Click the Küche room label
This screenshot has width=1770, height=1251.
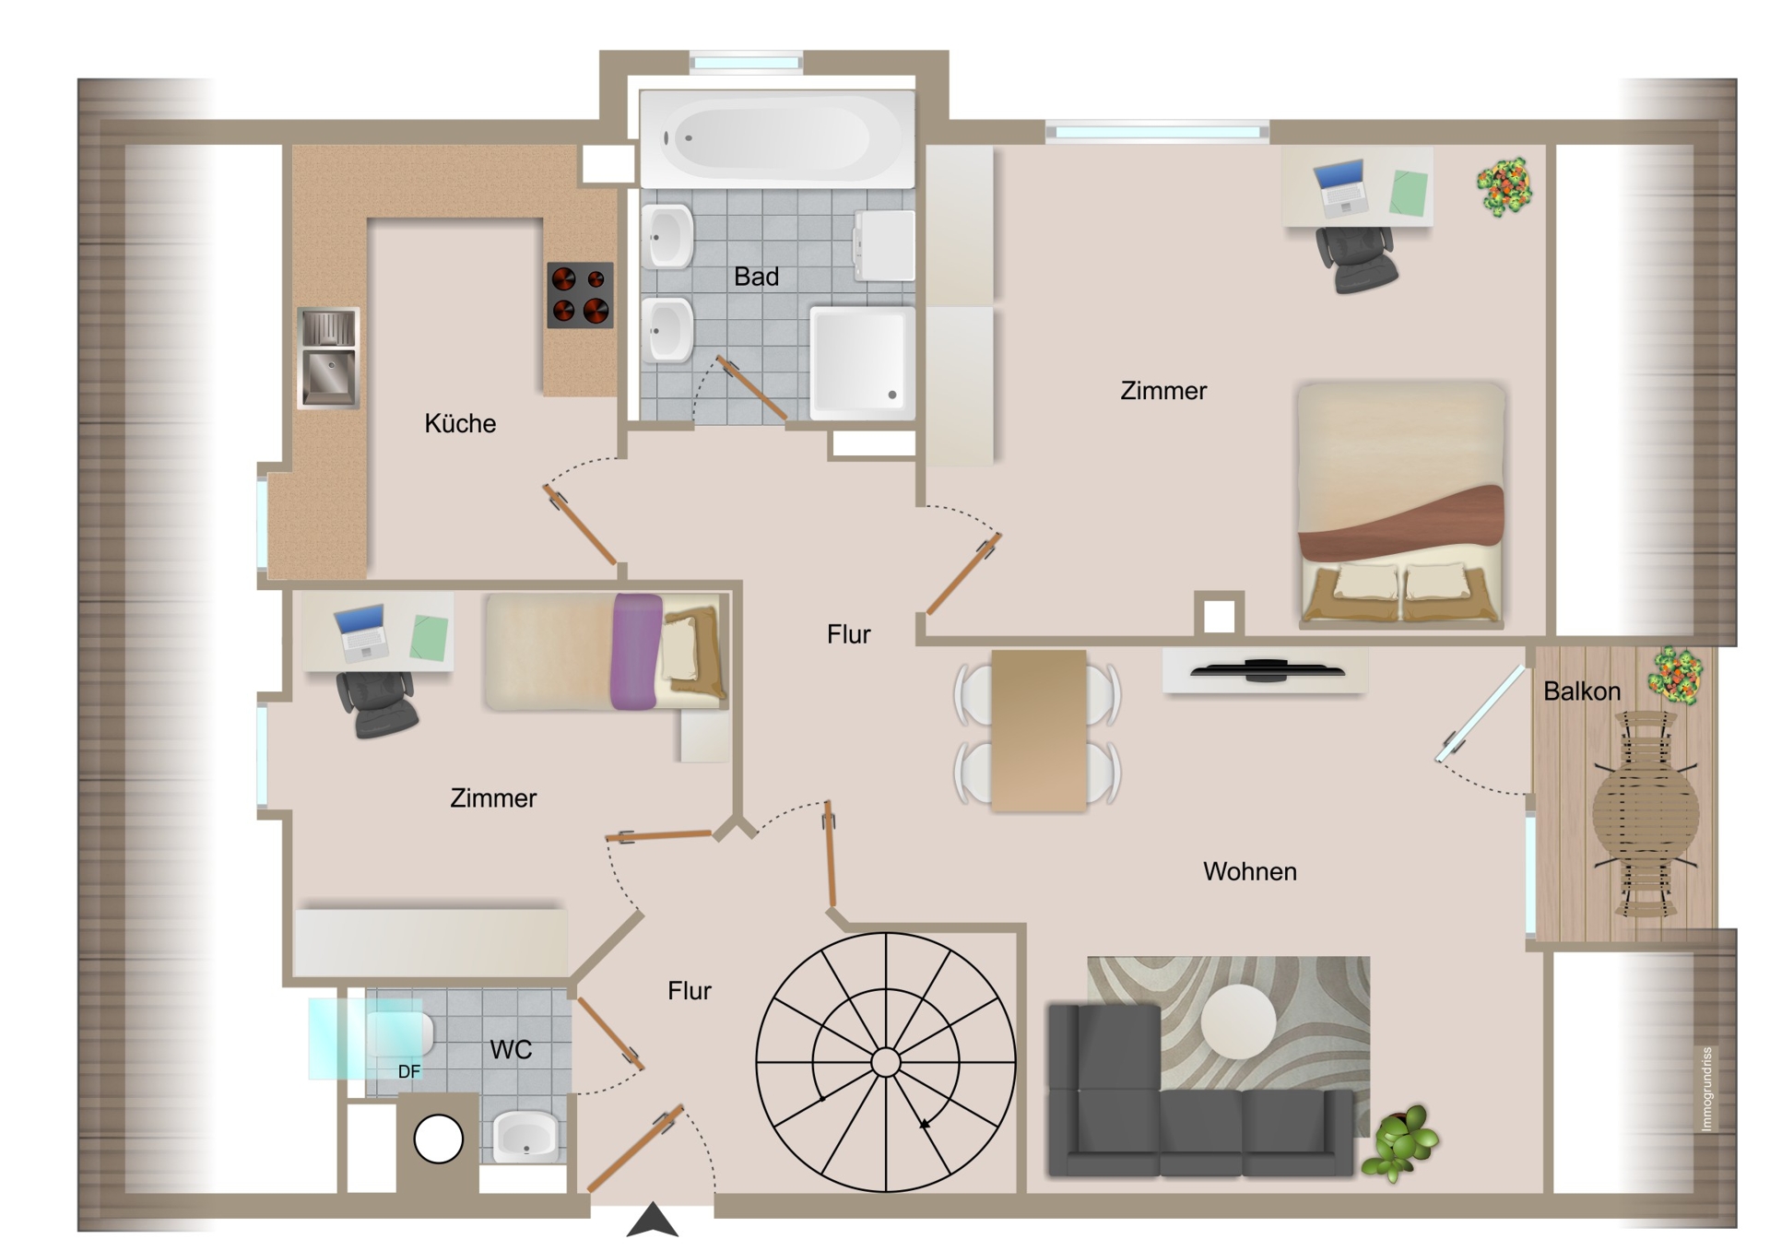coord(460,423)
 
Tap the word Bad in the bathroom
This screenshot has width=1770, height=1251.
coord(756,277)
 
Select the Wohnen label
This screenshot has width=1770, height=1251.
coord(1249,871)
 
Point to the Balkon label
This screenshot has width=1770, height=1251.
coord(1582,691)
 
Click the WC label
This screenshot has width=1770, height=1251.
coord(511,1049)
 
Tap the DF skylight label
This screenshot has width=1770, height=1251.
coord(409,1071)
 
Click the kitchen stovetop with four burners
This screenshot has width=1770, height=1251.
coord(580,295)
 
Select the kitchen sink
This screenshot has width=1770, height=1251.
coord(328,358)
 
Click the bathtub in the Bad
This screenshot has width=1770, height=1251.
coord(777,139)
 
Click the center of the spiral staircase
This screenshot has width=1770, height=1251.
coord(886,1063)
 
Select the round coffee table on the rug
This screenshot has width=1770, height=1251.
coord(1239,1021)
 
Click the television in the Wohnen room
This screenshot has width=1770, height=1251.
coord(1267,670)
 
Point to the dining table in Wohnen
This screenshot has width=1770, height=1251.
coord(1039,731)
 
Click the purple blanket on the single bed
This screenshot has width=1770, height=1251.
coord(636,652)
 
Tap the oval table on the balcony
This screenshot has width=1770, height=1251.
coord(1646,814)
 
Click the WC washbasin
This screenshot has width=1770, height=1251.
coord(525,1137)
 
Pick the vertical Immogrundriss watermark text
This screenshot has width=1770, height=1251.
coord(1706,1089)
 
